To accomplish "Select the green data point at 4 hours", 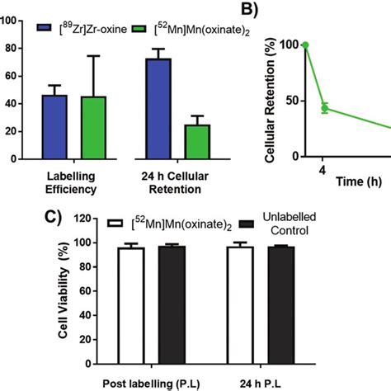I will [324, 108].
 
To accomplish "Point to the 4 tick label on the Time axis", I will [324, 171].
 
